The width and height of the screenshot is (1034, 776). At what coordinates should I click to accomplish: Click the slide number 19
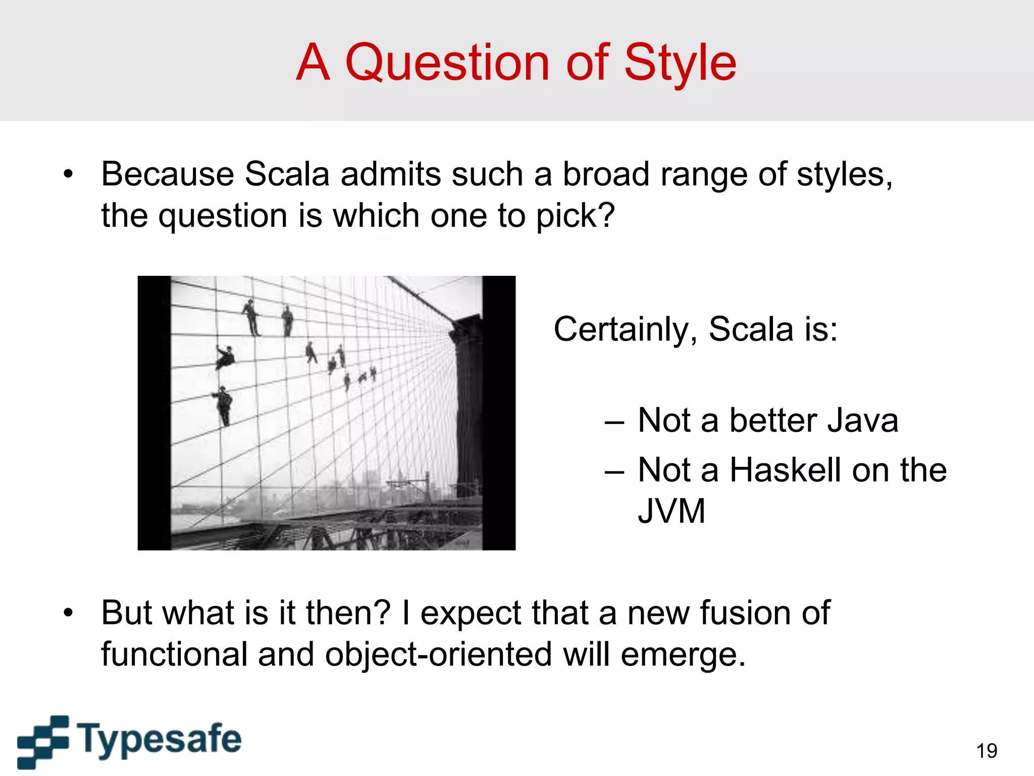pyautogui.click(x=987, y=751)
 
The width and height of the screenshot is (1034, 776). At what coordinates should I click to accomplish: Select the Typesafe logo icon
pyautogui.click(x=43, y=741)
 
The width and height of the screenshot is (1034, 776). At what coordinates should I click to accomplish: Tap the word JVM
pyautogui.click(x=671, y=511)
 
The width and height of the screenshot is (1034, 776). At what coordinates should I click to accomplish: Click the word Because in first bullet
pyautogui.click(x=167, y=174)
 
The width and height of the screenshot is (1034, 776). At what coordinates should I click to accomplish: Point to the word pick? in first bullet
pyautogui.click(x=575, y=216)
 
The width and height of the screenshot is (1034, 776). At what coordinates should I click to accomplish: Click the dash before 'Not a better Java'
pyautogui.click(x=614, y=421)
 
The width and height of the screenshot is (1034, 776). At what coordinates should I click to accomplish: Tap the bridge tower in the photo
pyautogui.click(x=467, y=404)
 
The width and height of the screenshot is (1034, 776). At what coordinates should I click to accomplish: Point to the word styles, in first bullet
pyautogui.click(x=844, y=174)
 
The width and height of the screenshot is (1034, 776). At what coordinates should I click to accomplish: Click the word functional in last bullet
pyautogui.click(x=174, y=654)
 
